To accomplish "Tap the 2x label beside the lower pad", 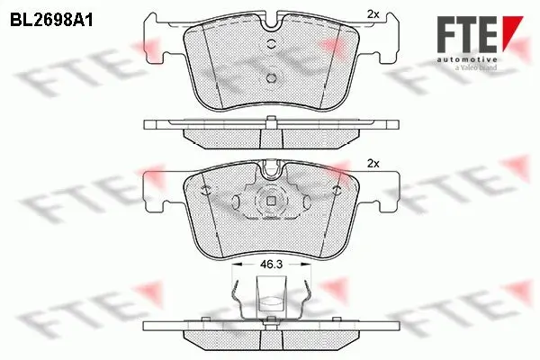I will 374,163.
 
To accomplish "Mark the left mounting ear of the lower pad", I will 163,190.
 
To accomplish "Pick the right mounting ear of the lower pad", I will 379,190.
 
